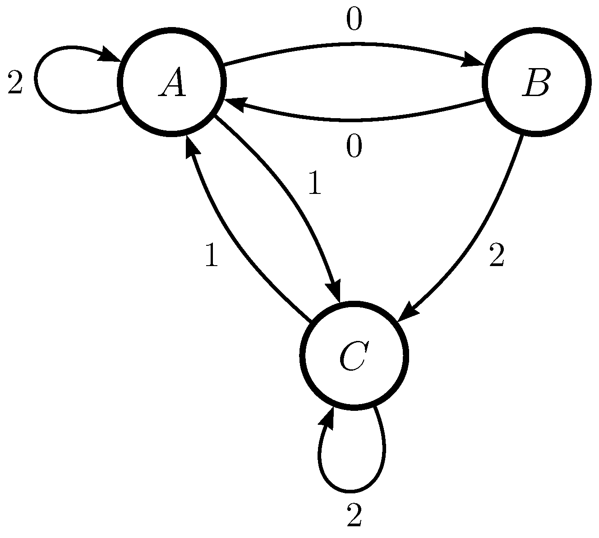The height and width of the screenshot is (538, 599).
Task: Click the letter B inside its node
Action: pyautogui.click(x=536, y=84)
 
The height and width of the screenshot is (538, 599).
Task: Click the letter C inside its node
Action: pyautogui.click(x=354, y=356)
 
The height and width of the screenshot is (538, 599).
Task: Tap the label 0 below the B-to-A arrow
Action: pyautogui.click(x=354, y=147)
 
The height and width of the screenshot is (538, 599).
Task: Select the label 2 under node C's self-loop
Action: pyautogui.click(x=355, y=515)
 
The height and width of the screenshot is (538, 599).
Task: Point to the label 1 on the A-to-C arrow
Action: pyautogui.click(x=314, y=184)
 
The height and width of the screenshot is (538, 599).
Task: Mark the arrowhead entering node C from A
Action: pyautogui.click(x=336, y=291)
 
